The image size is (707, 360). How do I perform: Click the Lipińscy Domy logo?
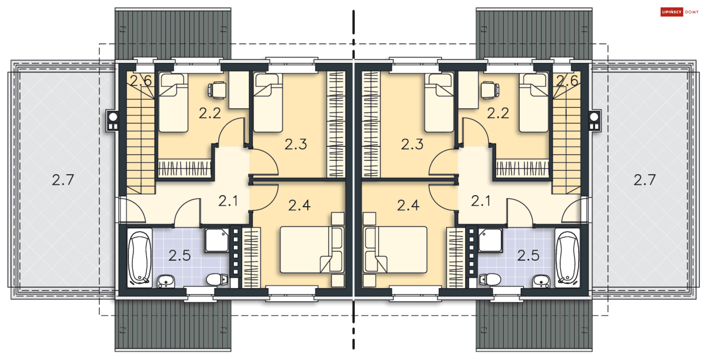(x=680, y=12)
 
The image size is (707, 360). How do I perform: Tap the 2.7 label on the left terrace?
(x=63, y=180)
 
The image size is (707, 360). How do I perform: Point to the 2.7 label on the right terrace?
(x=645, y=180)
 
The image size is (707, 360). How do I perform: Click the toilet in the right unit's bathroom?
(x=490, y=280)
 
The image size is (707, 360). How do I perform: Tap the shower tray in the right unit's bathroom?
(x=490, y=240)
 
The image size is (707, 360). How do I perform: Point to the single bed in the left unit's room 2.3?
(x=268, y=103)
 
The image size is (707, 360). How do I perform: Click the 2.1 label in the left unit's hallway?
(x=228, y=201)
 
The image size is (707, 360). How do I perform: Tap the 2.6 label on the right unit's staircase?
(x=567, y=81)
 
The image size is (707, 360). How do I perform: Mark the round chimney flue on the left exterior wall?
(x=113, y=117)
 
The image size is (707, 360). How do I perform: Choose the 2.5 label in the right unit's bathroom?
(x=528, y=255)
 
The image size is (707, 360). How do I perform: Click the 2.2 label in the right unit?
(x=498, y=113)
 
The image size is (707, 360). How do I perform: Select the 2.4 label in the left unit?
(x=299, y=205)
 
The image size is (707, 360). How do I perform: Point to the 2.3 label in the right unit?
(x=412, y=144)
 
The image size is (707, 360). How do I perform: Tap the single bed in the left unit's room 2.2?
(x=173, y=103)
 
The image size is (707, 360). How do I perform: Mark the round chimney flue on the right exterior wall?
(x=594, y=117)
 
